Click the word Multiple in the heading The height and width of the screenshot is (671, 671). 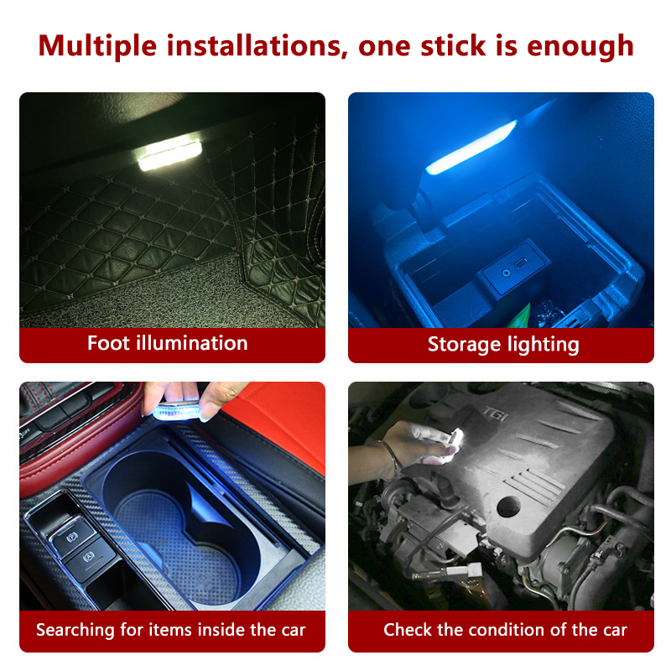[97, 46]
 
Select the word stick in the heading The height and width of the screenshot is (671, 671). [453, 45]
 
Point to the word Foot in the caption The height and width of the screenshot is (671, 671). [108, 343]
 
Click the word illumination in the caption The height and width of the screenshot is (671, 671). [192, 343]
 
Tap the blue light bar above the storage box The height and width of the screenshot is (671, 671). [471, 148]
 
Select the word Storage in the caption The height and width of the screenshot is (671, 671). [465, 345]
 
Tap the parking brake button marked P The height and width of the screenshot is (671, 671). [72, 537]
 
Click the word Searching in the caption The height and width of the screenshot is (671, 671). [75, 631]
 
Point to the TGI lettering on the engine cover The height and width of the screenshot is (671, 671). [495, 414]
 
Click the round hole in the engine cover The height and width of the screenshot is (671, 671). [508, 507]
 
